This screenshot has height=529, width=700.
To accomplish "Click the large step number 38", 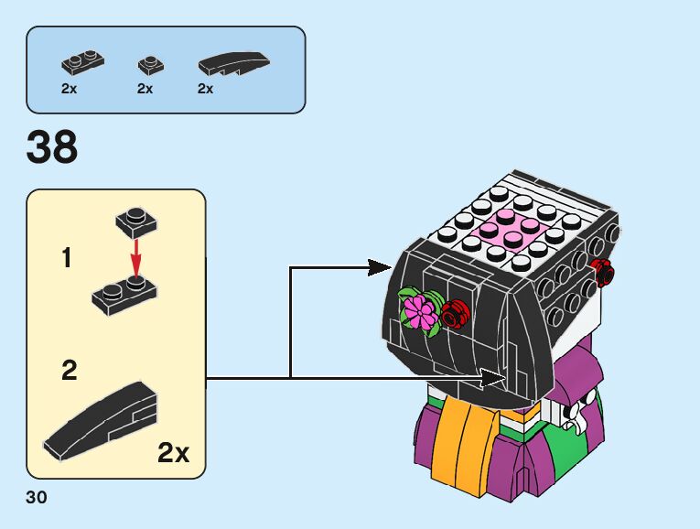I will tap(52, 146).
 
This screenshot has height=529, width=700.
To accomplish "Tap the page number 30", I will tap(37, 498).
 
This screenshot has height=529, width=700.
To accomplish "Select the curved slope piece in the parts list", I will tap(234, 63).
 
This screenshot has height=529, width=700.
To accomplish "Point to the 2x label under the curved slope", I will tap(205, 89).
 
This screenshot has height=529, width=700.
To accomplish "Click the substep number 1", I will tap(66, 259).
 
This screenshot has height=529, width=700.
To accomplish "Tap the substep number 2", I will tap(70, 371).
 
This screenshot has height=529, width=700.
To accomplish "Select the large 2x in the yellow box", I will tap(174, 452).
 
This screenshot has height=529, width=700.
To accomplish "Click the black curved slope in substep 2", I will tap(100, 422).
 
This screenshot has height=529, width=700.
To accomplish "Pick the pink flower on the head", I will tap(420, 312).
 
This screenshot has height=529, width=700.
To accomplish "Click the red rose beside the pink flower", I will tap(453, 314).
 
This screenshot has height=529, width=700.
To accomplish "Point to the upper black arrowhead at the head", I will tap(379, 267).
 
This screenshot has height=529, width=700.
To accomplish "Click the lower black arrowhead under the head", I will tap(494, 377).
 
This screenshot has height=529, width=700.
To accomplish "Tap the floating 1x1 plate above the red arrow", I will tap(135, 221).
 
